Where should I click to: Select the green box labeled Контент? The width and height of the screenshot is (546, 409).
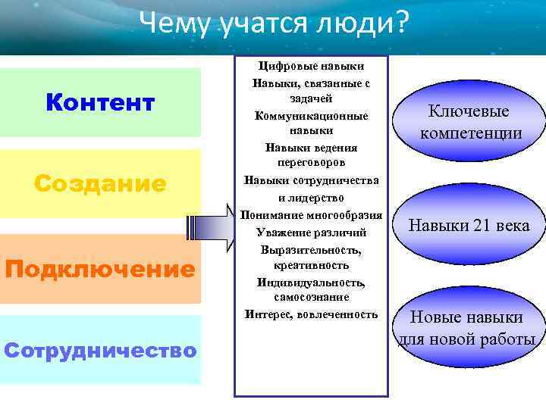point(100,102)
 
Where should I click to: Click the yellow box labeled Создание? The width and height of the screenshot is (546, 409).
point(100,183)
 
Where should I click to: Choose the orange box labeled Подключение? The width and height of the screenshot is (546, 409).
point(100,269)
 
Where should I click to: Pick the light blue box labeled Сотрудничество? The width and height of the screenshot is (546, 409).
point(100,350)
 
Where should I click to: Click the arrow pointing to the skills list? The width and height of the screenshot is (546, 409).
point(212,228)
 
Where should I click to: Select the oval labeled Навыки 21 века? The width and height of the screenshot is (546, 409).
point(469,226)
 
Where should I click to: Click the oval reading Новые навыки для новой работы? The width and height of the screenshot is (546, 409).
point(467,328)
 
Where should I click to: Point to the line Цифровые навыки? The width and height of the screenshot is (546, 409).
point(311,67)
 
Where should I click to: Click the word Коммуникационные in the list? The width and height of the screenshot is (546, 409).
point(311,116)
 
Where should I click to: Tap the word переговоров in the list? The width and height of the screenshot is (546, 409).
point(311,163)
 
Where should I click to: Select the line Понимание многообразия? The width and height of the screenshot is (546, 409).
point(311,216)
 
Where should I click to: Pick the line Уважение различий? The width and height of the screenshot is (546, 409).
point(311,232)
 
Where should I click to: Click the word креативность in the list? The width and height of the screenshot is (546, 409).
point(311,265)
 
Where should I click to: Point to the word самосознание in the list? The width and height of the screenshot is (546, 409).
point(311,298)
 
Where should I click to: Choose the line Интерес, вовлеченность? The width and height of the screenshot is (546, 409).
point(311,314)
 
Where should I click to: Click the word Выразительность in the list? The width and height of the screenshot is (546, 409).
point(311,249)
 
